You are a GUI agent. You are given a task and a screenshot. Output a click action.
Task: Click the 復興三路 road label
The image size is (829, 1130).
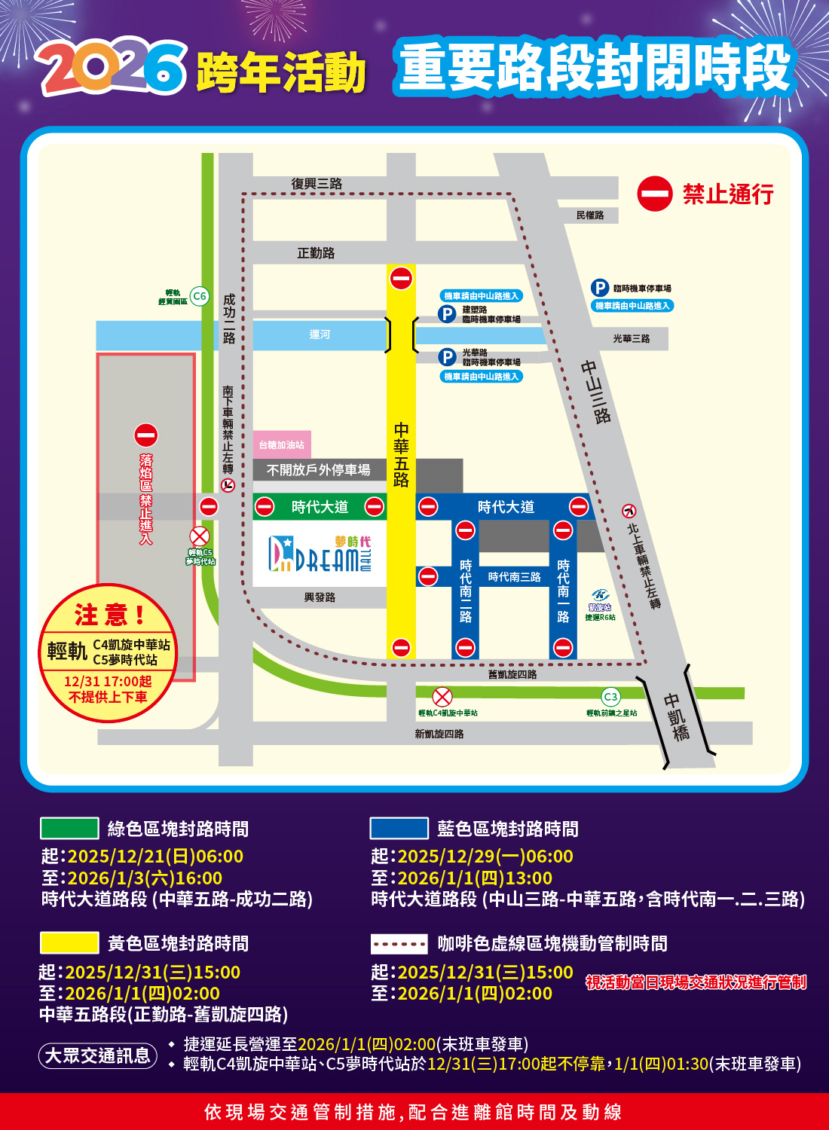(x=317, y=184)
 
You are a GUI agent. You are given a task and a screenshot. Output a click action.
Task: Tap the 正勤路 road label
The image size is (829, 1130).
(x=316, y=253)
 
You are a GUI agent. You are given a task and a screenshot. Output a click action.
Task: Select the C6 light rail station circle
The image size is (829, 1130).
(x=199, y=296)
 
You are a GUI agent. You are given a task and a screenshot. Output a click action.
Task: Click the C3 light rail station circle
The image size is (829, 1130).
(x=610, y=697)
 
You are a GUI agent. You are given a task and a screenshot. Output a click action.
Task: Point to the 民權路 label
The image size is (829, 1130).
(x=590, y=215)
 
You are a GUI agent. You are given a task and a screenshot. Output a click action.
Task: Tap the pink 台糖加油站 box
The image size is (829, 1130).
(x=282, y=445)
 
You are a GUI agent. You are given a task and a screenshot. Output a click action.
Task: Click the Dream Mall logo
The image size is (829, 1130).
(x=320, y=554)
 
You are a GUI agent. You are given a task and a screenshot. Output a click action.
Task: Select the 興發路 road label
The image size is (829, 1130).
(x=320, y=597)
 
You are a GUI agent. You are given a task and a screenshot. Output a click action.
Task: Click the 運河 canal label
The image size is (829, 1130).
(x=320, y=334)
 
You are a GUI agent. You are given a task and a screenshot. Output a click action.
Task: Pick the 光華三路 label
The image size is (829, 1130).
(x=631, y=339)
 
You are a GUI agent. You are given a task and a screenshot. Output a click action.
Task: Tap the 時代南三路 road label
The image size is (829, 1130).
(x=514, y=577)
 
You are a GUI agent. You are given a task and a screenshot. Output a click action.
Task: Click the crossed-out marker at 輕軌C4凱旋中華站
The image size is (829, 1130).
(x=442, y=697)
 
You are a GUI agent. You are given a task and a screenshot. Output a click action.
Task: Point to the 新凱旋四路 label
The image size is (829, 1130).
(x=439, y=734)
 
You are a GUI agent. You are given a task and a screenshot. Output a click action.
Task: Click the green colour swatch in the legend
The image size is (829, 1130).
(x=69, y=829)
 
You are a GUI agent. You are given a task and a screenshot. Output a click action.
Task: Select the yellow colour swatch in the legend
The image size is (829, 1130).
(x=69, y=943)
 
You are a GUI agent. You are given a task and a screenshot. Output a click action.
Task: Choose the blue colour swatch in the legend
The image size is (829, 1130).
(x=399, y=829)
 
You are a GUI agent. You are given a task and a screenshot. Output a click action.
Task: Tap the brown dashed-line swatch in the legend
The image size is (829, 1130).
(x=399, y=943)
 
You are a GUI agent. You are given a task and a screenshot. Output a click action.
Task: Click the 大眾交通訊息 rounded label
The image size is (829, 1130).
(x=98, y=1055)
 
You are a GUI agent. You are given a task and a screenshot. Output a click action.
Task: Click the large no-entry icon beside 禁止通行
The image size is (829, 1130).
(x=654, y=194)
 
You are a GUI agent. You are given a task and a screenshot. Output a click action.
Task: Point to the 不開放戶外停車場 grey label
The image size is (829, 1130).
(x=319, y=470)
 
